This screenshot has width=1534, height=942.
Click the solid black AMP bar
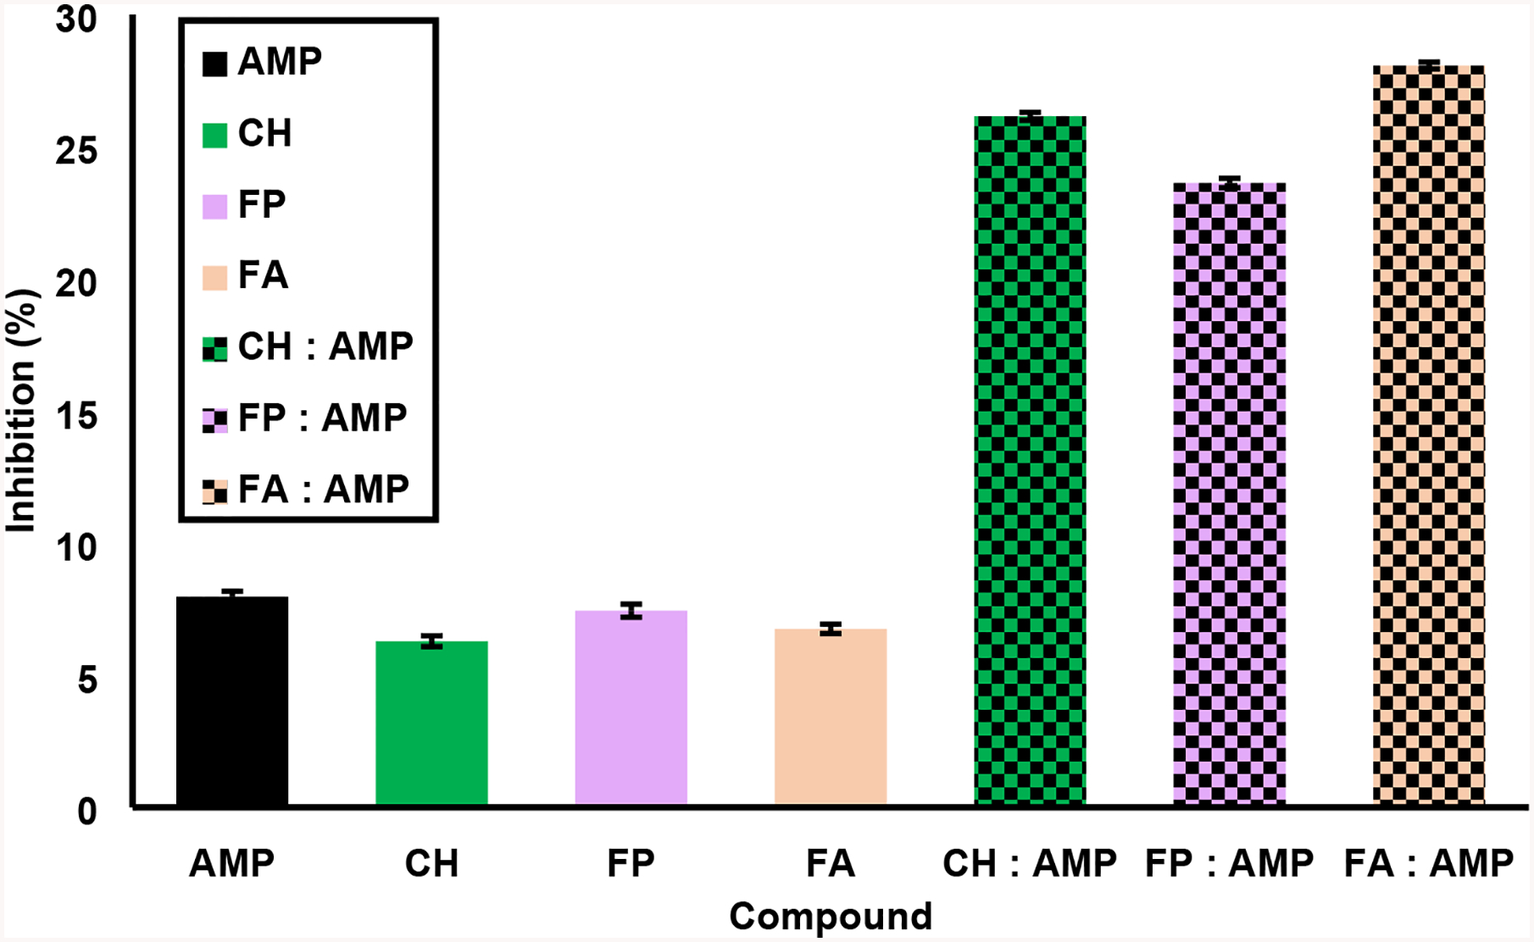pyautogui.click(x=232, y=701)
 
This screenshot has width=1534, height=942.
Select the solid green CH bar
pyautogui.click(x=431, y=723)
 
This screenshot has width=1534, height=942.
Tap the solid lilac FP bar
pyautogui.click(x=631, y=707)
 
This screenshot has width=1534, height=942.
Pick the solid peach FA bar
pyautogui.click(x=831, y=717)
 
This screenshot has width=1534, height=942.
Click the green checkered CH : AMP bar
pyautogui.click(x=1030, y=462)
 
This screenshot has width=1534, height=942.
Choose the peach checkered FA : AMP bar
pyautogui.click(x=1429, y=435)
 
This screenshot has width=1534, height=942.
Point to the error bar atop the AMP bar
pyautogui.click(x=232, y=594)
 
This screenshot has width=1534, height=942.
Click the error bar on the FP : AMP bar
pyautogui.click(x=1229, y=182)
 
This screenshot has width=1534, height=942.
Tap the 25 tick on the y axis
pyautogui.click(x=76, y=152)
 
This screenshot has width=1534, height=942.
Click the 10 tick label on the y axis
pyautogui.click(x=76, y=548)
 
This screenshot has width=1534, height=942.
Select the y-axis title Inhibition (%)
pyautogui.click(x=22, y=412)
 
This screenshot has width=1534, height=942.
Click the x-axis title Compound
pyautogui.click(x=831, y=916)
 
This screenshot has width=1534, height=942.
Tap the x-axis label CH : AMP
pyautogui.click(x=1030, y=863)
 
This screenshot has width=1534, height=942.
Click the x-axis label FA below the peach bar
pyautogui.click(x=831, y=863)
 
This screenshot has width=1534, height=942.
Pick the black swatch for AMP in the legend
pyautogui.click(x=214, y=64)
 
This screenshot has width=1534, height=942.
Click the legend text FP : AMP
pyautogui.click(x=322, y=418)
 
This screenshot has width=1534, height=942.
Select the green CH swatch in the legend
pyautogui.click(x=214, y=135)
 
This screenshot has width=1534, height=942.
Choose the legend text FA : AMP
pyautogui.click(x=323, y=489)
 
